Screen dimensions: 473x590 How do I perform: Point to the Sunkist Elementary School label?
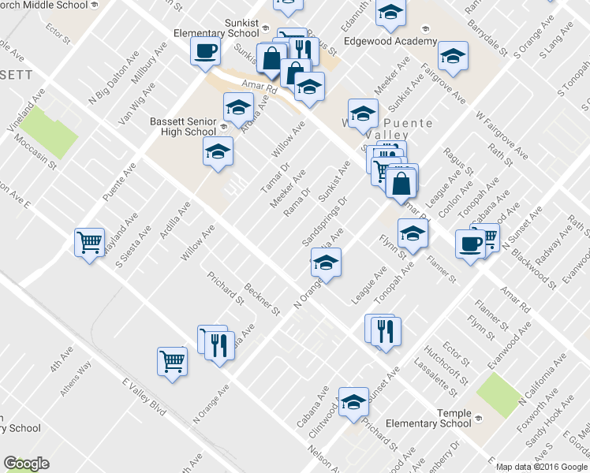[x=218, y=29]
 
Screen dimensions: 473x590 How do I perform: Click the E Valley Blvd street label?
[x=145, y=397]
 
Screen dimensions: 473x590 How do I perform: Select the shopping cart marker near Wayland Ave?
[x=90, y=241]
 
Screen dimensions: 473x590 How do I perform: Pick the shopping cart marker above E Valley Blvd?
[x=172, y=361]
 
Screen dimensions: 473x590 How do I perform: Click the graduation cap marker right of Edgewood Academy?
[x=454, y=56]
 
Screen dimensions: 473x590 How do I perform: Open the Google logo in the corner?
[x=26, y=464]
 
